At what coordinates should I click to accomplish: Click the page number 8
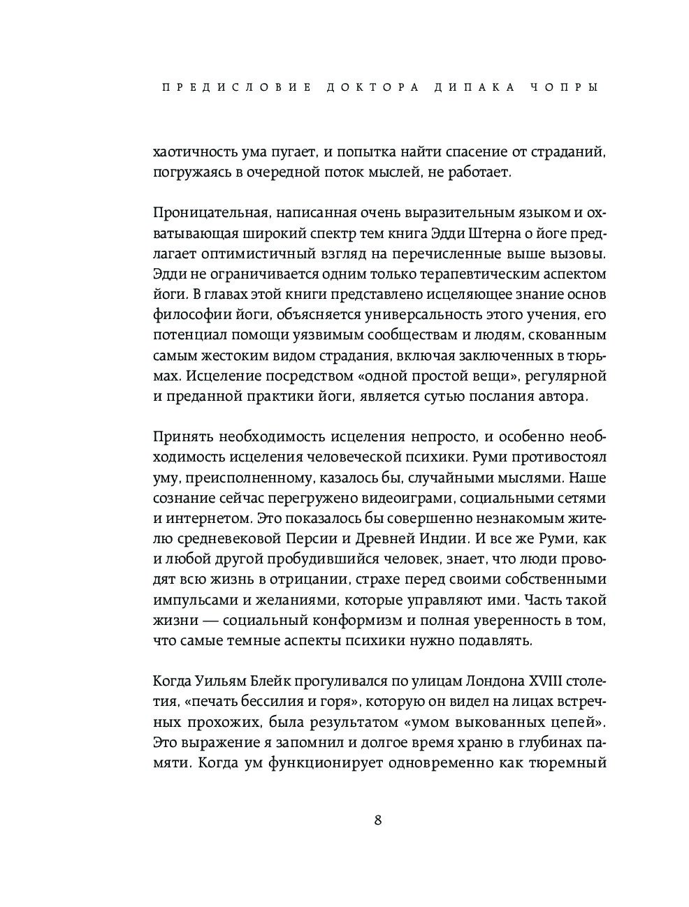pos(378,820)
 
